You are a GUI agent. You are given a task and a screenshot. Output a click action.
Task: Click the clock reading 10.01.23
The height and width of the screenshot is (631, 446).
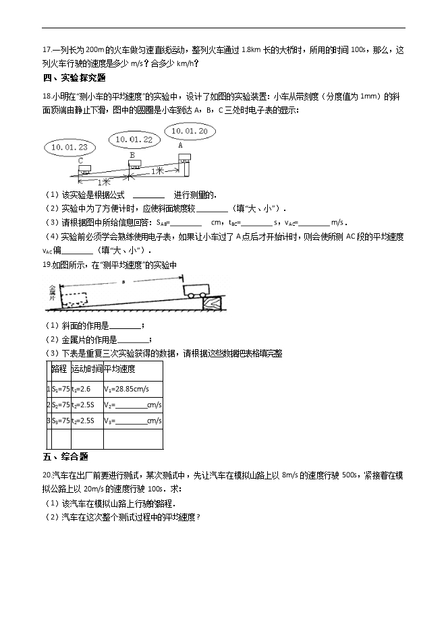click(x=69, y=146)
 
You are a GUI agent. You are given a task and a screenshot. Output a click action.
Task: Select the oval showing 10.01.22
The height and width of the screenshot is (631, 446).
click(x=134, y=139)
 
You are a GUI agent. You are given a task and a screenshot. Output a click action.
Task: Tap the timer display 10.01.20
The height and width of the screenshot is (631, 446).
click(x=189, y=131)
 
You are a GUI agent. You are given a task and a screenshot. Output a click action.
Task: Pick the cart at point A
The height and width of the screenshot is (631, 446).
click(x=184, y=158)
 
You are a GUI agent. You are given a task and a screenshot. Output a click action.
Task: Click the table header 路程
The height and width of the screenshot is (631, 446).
click(x=59, y=369)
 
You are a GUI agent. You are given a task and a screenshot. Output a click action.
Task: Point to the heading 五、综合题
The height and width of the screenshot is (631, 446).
click(x=65, y=457)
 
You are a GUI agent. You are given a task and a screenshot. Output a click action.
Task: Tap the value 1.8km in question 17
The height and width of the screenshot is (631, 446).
click(x=252, y=50)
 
